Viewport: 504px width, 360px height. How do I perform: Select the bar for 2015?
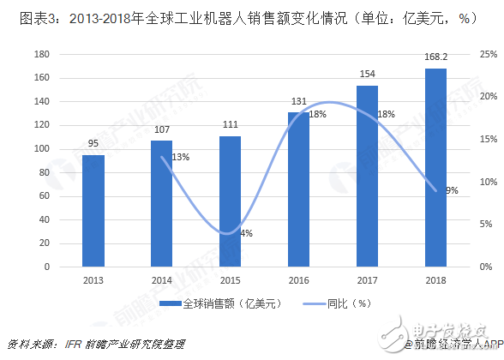click(x=230, y=201)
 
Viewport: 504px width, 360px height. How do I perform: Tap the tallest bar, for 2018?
click(x=435, y=167)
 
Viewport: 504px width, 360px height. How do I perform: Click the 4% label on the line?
click(x=246, y=233)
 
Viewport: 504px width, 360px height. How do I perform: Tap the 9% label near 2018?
click(x=452, y=190)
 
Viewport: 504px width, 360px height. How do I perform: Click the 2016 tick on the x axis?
click(x=298, y=279)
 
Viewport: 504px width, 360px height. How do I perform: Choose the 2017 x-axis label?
click(x=367, y=279)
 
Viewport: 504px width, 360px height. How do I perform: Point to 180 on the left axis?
click(x=39, y=54)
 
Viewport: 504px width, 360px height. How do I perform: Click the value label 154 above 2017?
click(x=367, y=77)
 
